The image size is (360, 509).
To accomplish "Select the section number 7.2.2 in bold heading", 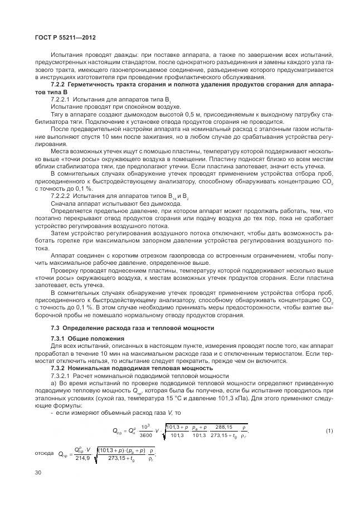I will coord(60,84).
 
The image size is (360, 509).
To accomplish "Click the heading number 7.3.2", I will coord(59,368).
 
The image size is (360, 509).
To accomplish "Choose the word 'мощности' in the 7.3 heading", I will coord(199,327).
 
